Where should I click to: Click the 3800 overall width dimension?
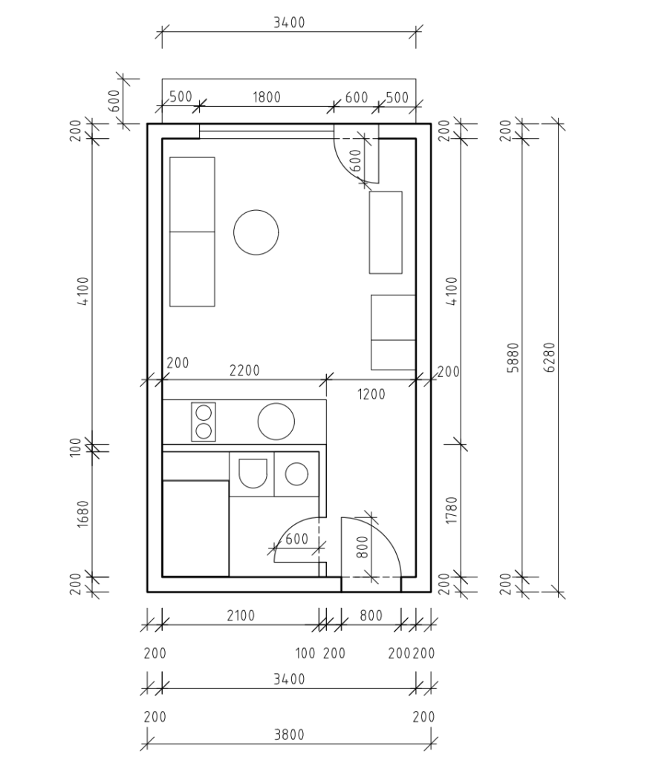click(x=289, y=736)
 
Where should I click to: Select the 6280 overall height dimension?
click(x=550, y=357)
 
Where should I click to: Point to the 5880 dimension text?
click(x=513, y=358)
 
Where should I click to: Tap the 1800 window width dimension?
click(x=267, y=97)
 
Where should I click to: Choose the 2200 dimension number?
click(x=244, y=371)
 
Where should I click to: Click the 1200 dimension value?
click(x=371, y=395)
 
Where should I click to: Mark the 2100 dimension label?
click(x=241, y=615)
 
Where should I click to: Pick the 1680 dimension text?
click(x=83, y=514)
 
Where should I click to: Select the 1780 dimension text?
click(x=452, y=510)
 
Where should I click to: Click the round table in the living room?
click(x=256, y=232)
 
